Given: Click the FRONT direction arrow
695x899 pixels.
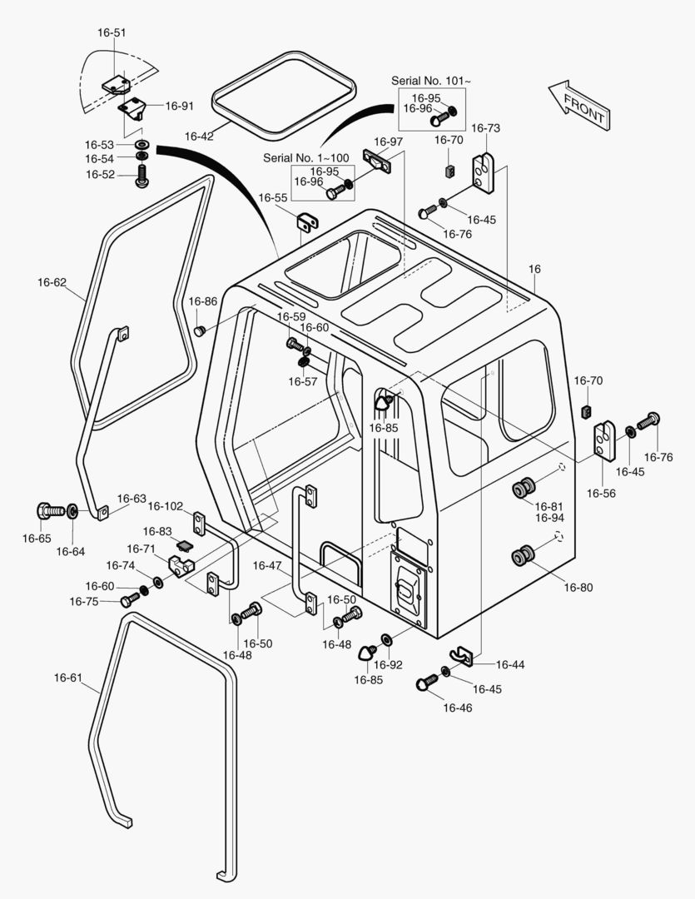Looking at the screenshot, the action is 579,105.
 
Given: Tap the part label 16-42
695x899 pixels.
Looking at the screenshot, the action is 199,136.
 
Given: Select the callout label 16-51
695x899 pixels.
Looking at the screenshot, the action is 112,32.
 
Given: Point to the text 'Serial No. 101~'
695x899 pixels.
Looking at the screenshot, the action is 430,81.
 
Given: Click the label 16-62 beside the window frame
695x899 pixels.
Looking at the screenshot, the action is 52,282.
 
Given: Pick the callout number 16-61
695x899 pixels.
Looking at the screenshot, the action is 68,678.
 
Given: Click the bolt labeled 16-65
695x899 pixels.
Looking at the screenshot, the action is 51,509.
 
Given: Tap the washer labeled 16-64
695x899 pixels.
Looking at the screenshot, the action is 72,510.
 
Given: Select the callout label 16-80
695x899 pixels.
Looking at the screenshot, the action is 578,587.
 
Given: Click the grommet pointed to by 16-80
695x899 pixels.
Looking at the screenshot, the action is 523,555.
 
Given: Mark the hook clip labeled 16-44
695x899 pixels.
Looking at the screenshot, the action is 461,656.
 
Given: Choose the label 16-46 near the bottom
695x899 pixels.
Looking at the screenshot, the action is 458,708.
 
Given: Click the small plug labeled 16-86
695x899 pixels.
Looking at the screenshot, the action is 200,330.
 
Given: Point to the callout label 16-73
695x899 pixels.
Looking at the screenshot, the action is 486,128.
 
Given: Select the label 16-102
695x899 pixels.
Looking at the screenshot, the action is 165,506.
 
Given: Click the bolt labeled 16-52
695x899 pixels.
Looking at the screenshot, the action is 141,176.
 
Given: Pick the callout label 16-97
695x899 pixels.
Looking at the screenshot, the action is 388,142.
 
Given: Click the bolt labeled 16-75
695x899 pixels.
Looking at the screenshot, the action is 130,599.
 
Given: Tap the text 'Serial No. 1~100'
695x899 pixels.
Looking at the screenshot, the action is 305,157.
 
